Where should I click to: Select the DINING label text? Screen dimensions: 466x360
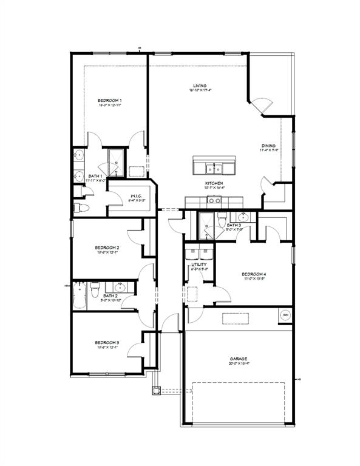tap(268, 146)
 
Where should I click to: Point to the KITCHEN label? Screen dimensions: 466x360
tap(213, 183)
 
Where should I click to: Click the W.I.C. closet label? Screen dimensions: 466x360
tap(133, 196)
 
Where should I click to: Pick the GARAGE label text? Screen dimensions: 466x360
tap(239, 358)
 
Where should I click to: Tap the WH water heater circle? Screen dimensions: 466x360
tap(285, 314)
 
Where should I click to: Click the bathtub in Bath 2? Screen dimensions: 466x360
tap(80, 296)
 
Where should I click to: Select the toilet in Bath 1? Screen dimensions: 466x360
tap(80, 208)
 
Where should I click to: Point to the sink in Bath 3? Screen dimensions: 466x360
tap(244, 217)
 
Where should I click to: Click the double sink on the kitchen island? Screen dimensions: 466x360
tap(214, 167)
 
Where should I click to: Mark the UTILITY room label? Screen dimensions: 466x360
tap(199, 265)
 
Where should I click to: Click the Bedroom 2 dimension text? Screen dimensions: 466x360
tap(106, 253)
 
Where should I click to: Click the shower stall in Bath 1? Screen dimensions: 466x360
tap(115, 161)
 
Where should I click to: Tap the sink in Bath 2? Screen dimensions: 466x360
tap(119, 287)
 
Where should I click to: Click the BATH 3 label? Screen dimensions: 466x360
tap(234, 225)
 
